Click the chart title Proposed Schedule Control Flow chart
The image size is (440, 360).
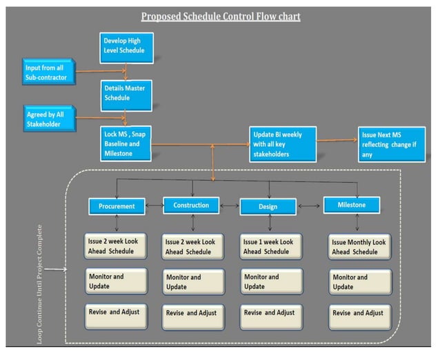click(220, 16)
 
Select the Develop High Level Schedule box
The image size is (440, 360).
click(125, 46)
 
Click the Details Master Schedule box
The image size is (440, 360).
click(125, 93)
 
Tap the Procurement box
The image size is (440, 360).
click(116, 206)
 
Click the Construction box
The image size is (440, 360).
click(191, 206)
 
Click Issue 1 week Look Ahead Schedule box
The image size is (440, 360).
click(272, 247)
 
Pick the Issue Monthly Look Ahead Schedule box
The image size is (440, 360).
click(359, 246)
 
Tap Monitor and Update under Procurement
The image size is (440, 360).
click(116, 281)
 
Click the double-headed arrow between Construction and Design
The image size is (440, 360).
click(229, 206)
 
